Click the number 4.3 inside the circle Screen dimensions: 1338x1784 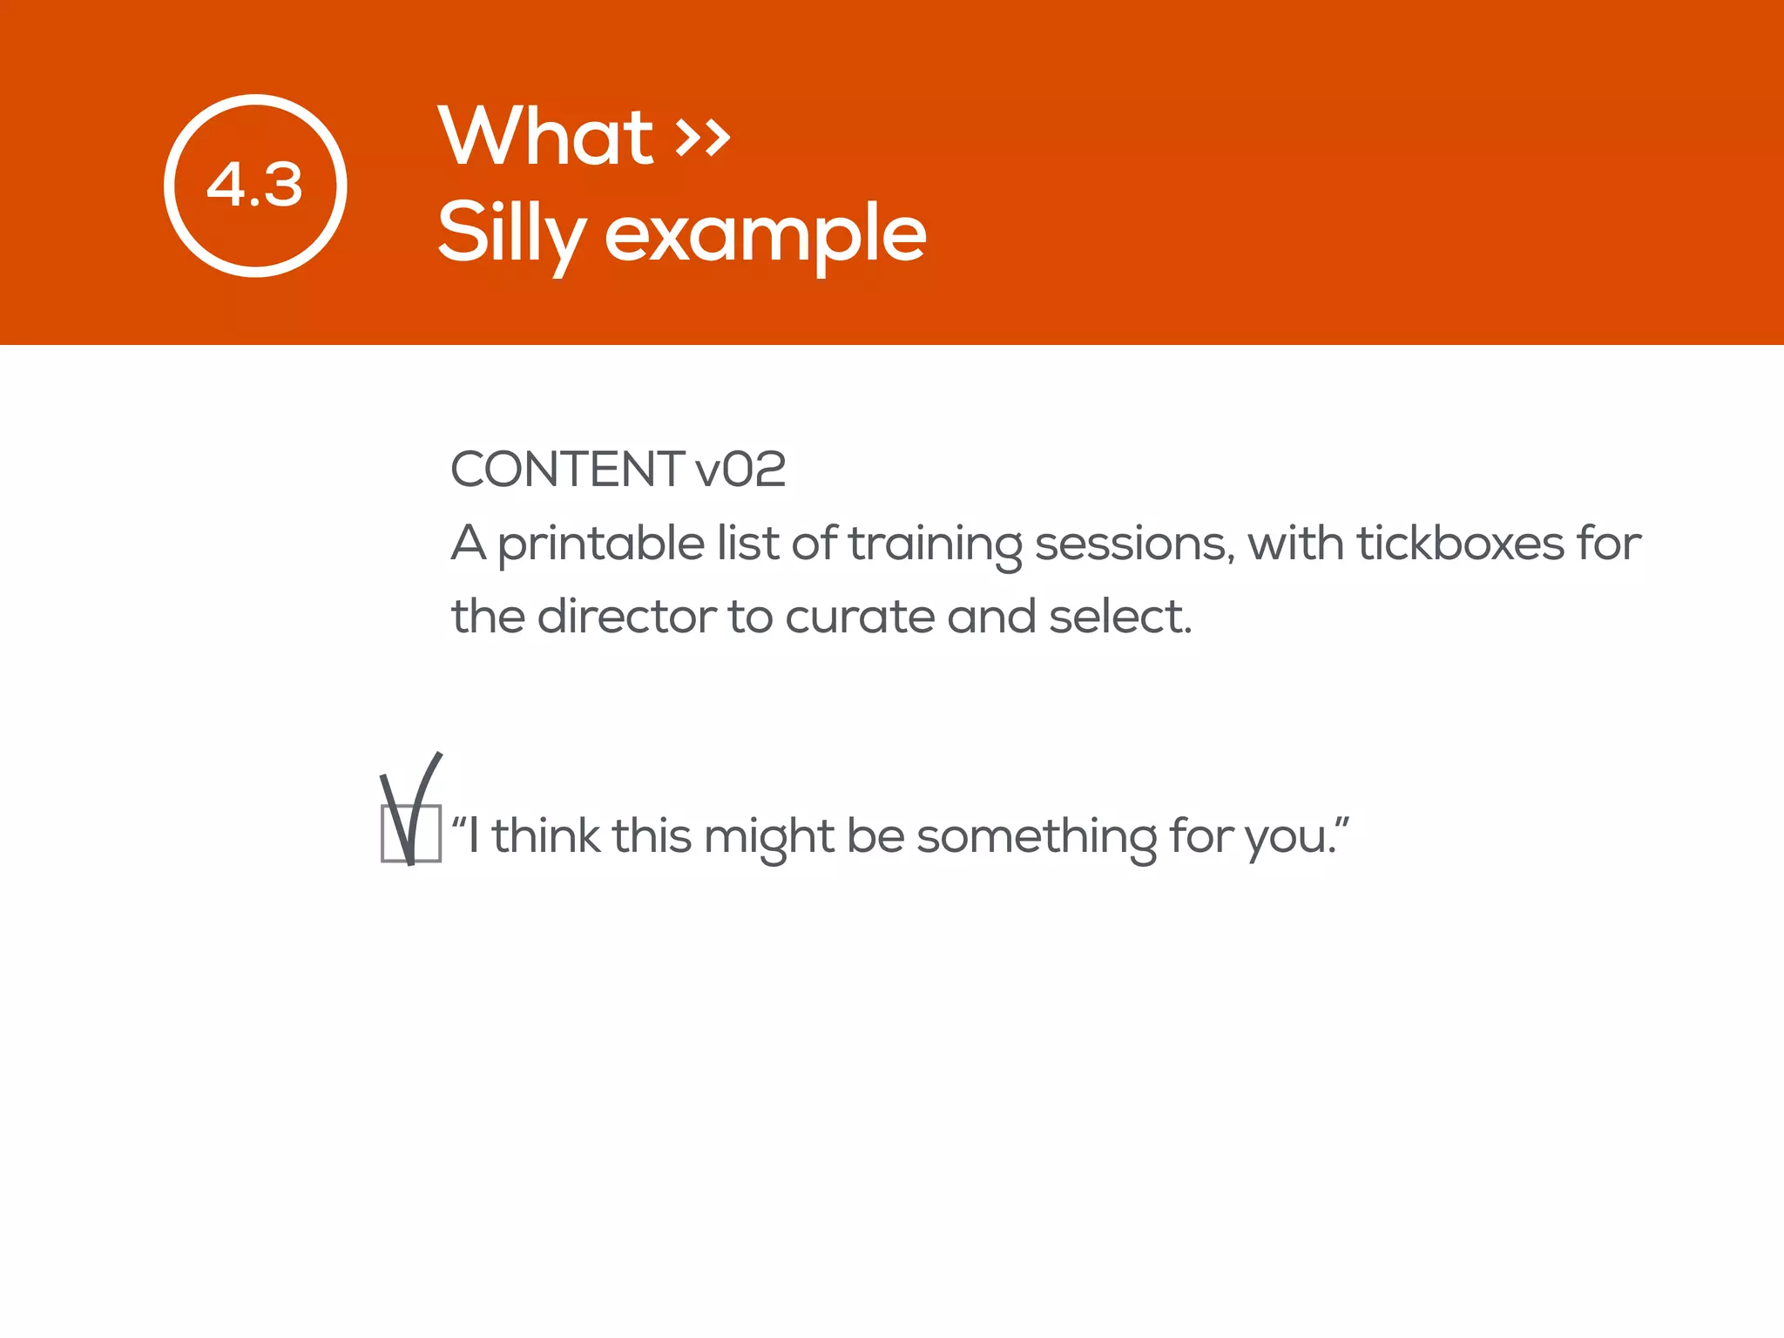(x=254, y=186)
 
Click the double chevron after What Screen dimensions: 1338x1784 (x=703, y=138)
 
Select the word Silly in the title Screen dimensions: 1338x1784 (x=510, y=232)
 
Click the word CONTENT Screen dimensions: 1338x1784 (x=566, y=470)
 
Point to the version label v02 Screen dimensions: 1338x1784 (x=740, y=470)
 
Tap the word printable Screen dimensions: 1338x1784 (x=601, y=544)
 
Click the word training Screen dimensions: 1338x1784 (x=935, y=544)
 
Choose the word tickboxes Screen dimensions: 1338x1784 (x=1460, y=544)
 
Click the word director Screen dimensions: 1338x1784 (x=626, y=617)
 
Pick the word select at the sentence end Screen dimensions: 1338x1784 (x=1118, y=617)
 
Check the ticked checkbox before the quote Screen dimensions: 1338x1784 (x=411, y=834)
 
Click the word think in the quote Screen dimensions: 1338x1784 (x=545, y=835)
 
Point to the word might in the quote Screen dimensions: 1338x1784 (x=768, y=837)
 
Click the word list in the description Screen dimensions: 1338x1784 (x=747, y=544)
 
